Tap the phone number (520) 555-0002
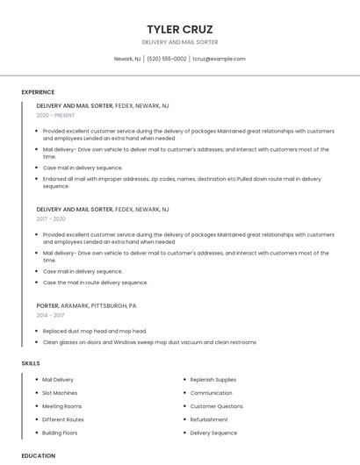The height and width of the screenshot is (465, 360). coord(167,59)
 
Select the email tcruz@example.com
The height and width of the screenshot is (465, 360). coord(219,59)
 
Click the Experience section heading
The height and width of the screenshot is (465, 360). coord(38,92)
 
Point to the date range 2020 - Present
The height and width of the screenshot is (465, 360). coord(55,115)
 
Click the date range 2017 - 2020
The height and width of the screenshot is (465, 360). coord(51,219)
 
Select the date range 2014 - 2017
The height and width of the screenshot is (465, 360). coord(50,315)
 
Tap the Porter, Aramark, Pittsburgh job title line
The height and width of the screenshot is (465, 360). coord(87,305)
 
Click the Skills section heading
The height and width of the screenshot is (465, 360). coord(31,363)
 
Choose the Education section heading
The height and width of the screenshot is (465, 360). coord(39,455)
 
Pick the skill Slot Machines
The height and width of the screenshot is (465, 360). coord(60,393)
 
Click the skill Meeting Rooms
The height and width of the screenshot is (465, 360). coord(61,406)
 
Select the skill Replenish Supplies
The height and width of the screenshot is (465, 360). coord(213,380)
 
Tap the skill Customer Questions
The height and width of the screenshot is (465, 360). coord(217,406)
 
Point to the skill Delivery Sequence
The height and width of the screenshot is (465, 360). coord(213,433)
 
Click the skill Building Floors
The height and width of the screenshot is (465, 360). coord(60,433)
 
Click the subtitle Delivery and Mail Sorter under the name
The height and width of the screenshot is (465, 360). coord(180,42)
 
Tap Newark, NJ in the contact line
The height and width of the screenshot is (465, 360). coord(127,59)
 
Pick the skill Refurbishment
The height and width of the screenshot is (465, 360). coord(209,419)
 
